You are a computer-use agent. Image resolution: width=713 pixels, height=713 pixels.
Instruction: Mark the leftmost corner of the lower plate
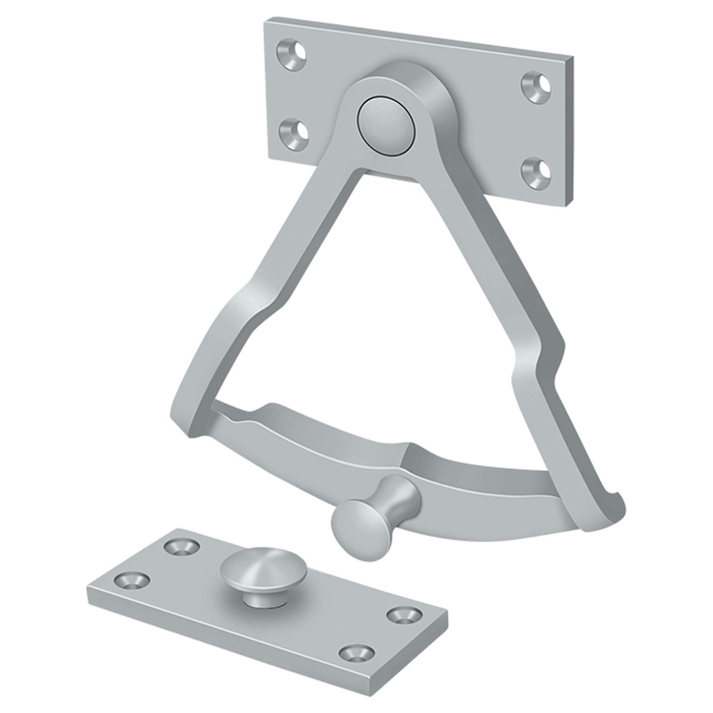87,591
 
